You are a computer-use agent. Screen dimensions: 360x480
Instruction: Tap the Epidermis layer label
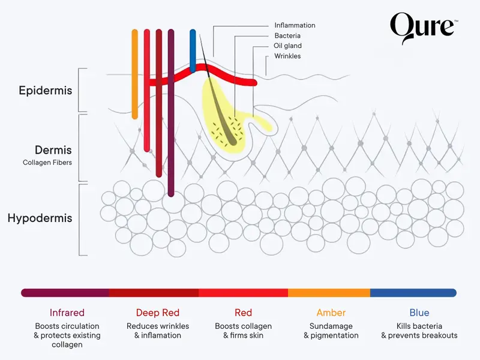point(45,91)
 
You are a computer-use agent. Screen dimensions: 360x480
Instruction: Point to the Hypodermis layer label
point(40,218)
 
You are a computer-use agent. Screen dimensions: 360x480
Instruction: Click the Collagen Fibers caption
point(47,163)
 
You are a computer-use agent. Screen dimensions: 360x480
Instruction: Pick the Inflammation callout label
point(295,25)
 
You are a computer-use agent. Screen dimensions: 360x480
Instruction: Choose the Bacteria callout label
point(287,35)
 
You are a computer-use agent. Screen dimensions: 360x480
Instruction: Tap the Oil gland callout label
point(288,46)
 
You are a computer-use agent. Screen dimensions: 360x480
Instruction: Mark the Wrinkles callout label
point(287,56)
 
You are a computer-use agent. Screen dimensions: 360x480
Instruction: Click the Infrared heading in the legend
point(67,313)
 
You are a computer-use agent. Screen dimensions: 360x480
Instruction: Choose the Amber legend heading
point(331,313)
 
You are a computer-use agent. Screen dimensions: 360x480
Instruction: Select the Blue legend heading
point(419,313)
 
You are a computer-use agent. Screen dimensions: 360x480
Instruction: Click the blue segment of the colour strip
point(413,293)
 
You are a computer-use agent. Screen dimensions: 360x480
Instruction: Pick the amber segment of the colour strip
point(329,293)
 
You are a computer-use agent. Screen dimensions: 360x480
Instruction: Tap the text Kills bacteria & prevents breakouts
point(419,331)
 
